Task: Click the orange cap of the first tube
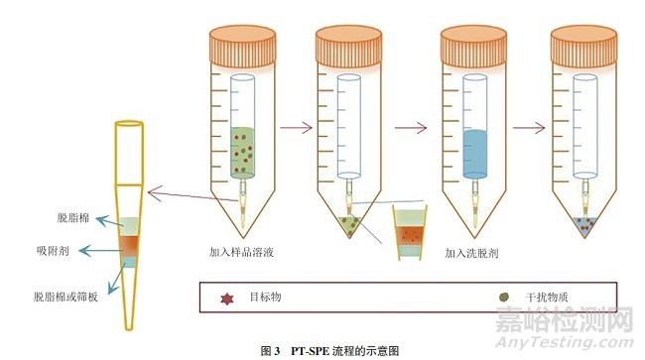[242, 46]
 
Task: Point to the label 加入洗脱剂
[472, 253]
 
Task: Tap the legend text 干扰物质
[543, 296]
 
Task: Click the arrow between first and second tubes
[294, 127]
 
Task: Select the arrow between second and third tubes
[409, 127]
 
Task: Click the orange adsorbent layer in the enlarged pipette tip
[129, 242]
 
